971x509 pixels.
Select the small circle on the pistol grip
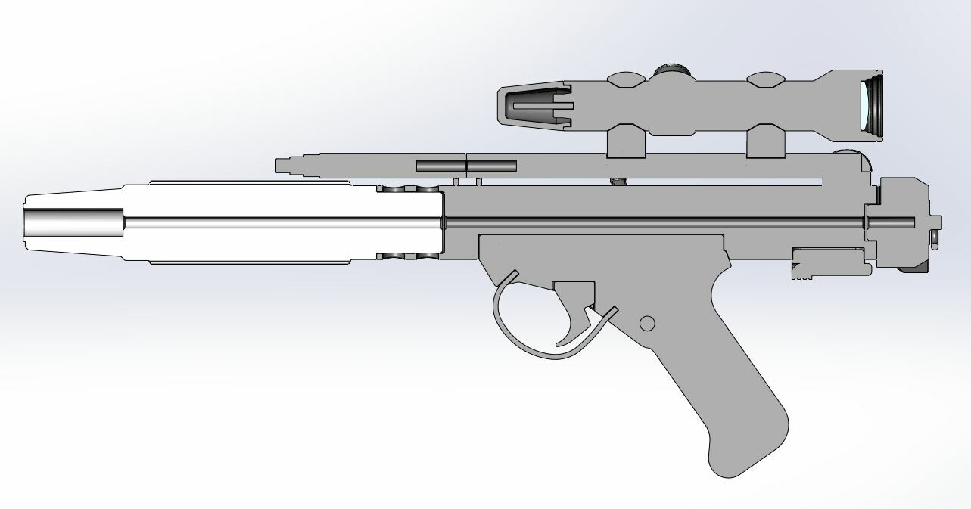tap(646, 323)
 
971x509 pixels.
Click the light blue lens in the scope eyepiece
tap(864, 106)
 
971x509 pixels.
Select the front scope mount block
tap(625, 141)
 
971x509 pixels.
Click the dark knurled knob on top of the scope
tap(672, 71)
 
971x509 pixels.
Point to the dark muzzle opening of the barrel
tap(72, 223)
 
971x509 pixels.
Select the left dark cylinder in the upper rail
tap(440, 165)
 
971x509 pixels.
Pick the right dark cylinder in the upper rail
tap(493, 165)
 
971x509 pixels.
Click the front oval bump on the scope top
tap(626, 77)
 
